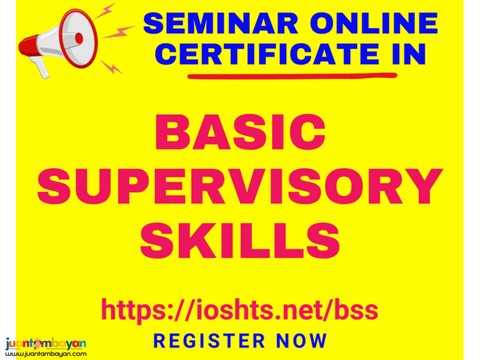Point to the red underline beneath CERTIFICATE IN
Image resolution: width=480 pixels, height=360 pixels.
point(293,75)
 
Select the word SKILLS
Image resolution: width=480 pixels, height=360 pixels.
point(240,241)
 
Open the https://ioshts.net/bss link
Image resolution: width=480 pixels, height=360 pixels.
point(240,310)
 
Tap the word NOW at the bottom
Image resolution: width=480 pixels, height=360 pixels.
point(302,341)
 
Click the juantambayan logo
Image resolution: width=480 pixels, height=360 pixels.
point(46,344)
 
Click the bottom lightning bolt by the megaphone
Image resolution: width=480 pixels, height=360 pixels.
point(111,67)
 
